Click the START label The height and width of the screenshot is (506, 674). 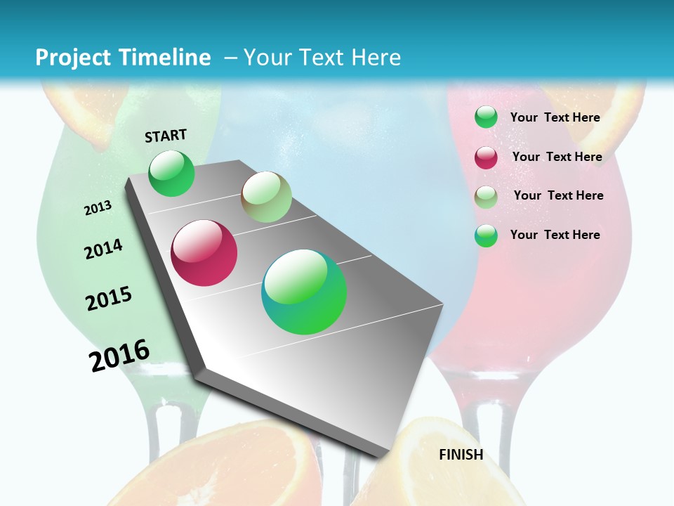point(166,136)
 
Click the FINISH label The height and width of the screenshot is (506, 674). point(461,455)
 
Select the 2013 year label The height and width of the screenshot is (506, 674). point(98,208)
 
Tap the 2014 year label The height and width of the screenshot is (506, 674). point(103,249)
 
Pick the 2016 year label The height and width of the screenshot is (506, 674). point(119,355)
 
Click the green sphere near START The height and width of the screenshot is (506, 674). point(172,174)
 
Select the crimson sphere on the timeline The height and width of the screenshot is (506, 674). point(204,253)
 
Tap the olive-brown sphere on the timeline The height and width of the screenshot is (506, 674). point(267,197)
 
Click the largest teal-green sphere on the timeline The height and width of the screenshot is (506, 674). point(304,292)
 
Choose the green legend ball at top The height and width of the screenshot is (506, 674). point(486,117)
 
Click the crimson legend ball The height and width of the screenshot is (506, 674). point(486,157)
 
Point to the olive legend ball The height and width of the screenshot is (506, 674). point(486,197)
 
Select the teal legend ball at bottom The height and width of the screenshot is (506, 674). point(486,235)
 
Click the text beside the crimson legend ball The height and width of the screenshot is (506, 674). point(557,157)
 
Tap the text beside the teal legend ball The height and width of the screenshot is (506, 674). point(555,235)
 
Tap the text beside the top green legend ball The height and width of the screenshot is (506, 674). point(555,117)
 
